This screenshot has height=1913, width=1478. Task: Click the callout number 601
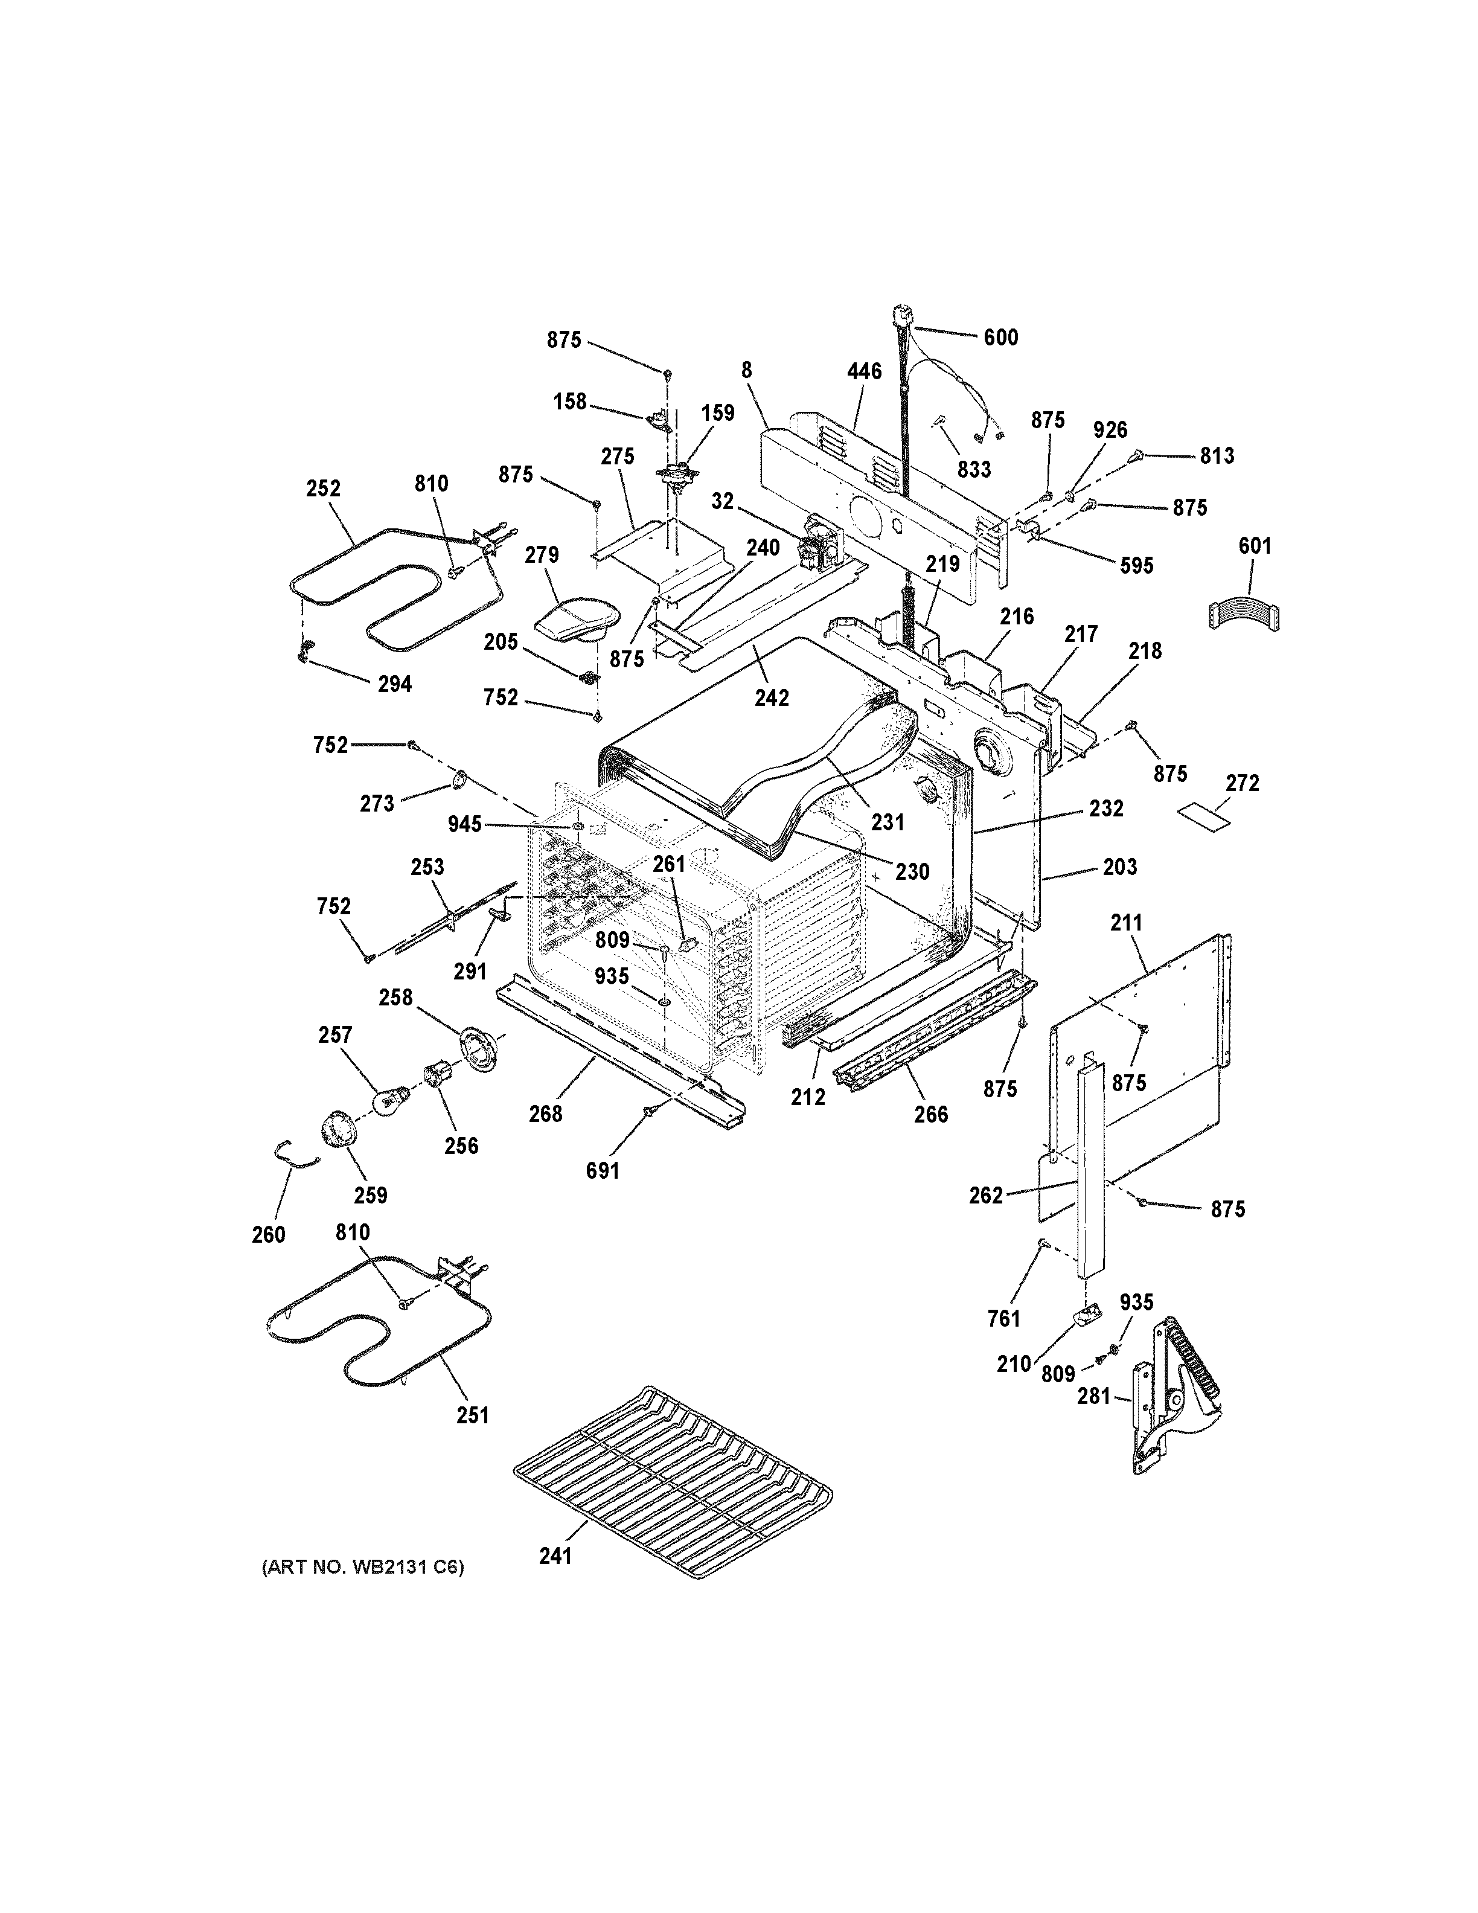[1255, 546]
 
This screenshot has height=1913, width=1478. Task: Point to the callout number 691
[603, 1170]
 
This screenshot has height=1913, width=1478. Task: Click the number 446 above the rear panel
[864, 371]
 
